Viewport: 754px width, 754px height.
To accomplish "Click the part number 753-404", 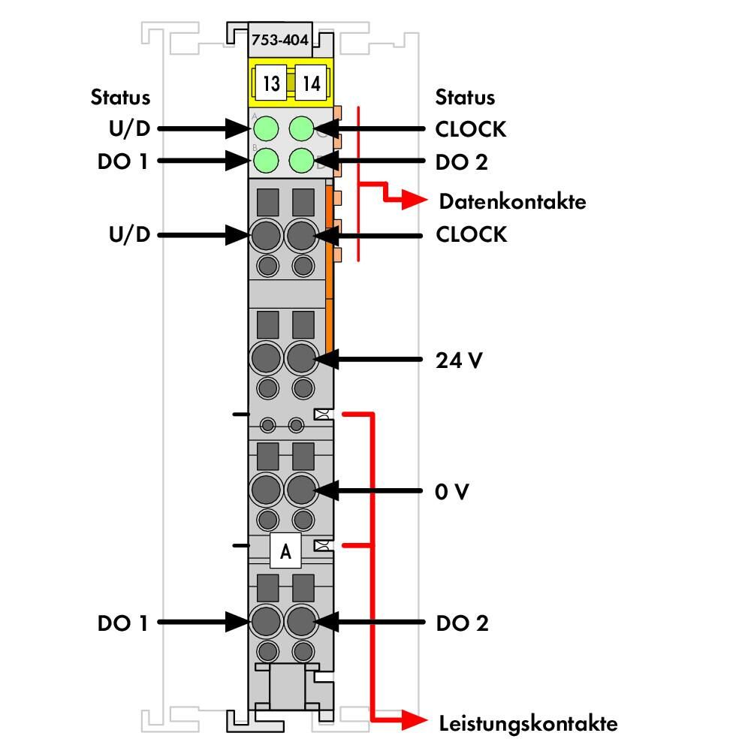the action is click(x=280, y=40).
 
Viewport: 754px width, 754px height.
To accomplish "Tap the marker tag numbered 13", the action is click(x=271, y=83).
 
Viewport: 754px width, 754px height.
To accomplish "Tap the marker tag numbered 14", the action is click(x=311, y=83).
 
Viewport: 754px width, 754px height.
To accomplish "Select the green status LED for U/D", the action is click(x=266, y=128).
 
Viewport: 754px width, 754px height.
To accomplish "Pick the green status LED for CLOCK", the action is click(x=302, y=128).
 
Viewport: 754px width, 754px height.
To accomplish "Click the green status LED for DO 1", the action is click(x=266, y=161).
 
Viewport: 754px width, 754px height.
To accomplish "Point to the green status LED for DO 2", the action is click(x=302, y=161).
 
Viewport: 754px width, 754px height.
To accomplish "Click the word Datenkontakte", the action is click(x=513, y=201).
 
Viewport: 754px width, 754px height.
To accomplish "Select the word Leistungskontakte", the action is click(x=529, y=724).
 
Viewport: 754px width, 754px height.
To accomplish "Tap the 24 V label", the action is click(x=459, y=360).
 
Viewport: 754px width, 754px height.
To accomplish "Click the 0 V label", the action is click(x=451, y=491).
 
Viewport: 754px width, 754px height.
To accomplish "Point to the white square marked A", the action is click(x=285, y=550).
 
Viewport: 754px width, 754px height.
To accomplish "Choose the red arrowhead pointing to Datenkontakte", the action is click(x=415, y=200).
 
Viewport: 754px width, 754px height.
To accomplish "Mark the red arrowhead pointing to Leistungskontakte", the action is click(x=415, y=720).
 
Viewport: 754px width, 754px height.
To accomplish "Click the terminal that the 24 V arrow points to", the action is click(x=301, y=358).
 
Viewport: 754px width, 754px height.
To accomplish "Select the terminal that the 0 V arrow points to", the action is click(x=301, y=490).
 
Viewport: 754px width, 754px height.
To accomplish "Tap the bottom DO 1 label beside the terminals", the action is click(x=122, y=623).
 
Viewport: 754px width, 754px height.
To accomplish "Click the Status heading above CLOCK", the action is click(x=465, y=97).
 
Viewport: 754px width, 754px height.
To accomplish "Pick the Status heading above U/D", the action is click(x=120, y=97).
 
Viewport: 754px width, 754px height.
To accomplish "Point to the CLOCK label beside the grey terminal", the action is click(x=472, y=234).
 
